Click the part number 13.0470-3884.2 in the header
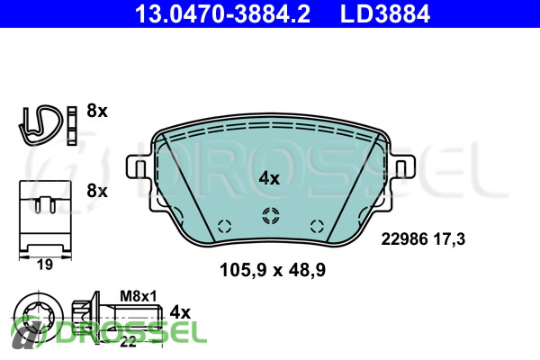tap(223, 13)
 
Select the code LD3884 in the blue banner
tap(385, 13)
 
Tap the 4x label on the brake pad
tap(269, 178)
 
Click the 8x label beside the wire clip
tap(97, 111)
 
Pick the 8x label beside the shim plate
tap(97, 191)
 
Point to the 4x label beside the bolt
tap(180, 312)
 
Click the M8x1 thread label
tap(139, 296)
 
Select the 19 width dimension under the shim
tap(45, 265)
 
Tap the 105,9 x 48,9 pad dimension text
tap(273, 270)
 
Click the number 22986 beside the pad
tap(404, 238)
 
